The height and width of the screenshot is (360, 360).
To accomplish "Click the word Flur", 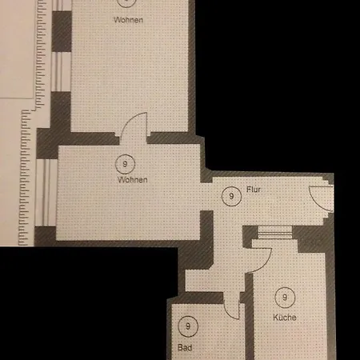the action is click(x=254, y=190).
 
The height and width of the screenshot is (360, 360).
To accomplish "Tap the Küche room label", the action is click(x=285, y=318).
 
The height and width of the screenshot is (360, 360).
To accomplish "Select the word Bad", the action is click(x=185, y=347).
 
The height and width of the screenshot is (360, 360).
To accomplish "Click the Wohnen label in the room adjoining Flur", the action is click(x=133, y=180).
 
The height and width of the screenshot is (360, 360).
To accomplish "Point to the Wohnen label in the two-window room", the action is click(x=128, y=20).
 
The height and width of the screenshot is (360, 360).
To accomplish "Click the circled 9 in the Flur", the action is click(x=231, y=196).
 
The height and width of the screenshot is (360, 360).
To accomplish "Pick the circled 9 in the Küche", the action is click(x=285, y=298).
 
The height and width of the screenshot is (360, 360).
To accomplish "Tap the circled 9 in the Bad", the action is click(x=188, y=326).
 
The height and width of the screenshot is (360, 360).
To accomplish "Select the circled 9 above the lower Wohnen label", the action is click(x=125, y=164).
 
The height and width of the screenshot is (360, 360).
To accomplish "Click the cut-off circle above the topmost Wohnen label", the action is click(x=126, y=4).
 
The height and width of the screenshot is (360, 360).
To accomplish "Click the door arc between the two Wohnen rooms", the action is click(x=127, y=122).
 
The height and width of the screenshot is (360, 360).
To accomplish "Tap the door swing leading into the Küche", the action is click(x=266, y=264).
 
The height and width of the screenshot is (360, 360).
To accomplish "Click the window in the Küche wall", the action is click(x=275, y=233).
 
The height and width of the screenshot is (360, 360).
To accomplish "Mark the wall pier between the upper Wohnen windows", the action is click(x=62, y=31).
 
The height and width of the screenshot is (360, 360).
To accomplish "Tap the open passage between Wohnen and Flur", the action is click(x=206, y=197).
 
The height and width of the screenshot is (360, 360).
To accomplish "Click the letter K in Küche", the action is click(x=275, y=318).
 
